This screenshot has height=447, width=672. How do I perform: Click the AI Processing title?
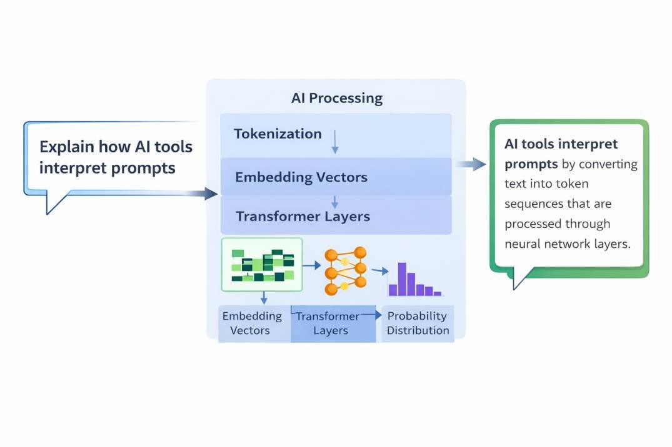pyautogui.click(x=336, y=98)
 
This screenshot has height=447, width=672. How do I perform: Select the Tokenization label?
pyautogui.click(x=278, y=134)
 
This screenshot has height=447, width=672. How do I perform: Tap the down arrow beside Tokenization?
pyautogui.click(x=335, y=142)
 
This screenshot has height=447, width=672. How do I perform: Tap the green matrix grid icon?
pyautogui.click(x=262, y=265)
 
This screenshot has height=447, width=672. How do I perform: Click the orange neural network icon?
pyautogui.click(x=345, y=270)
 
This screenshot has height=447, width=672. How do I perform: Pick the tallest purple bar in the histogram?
pyautogui.click(x=402, y=278)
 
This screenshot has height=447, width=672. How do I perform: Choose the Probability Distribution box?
pyautogui.click(x=418, y=323)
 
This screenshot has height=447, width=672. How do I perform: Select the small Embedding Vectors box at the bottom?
pyautogui.click(x=252, y=323)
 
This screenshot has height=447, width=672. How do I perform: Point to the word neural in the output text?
pyautogui.click(x=523, y=244)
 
